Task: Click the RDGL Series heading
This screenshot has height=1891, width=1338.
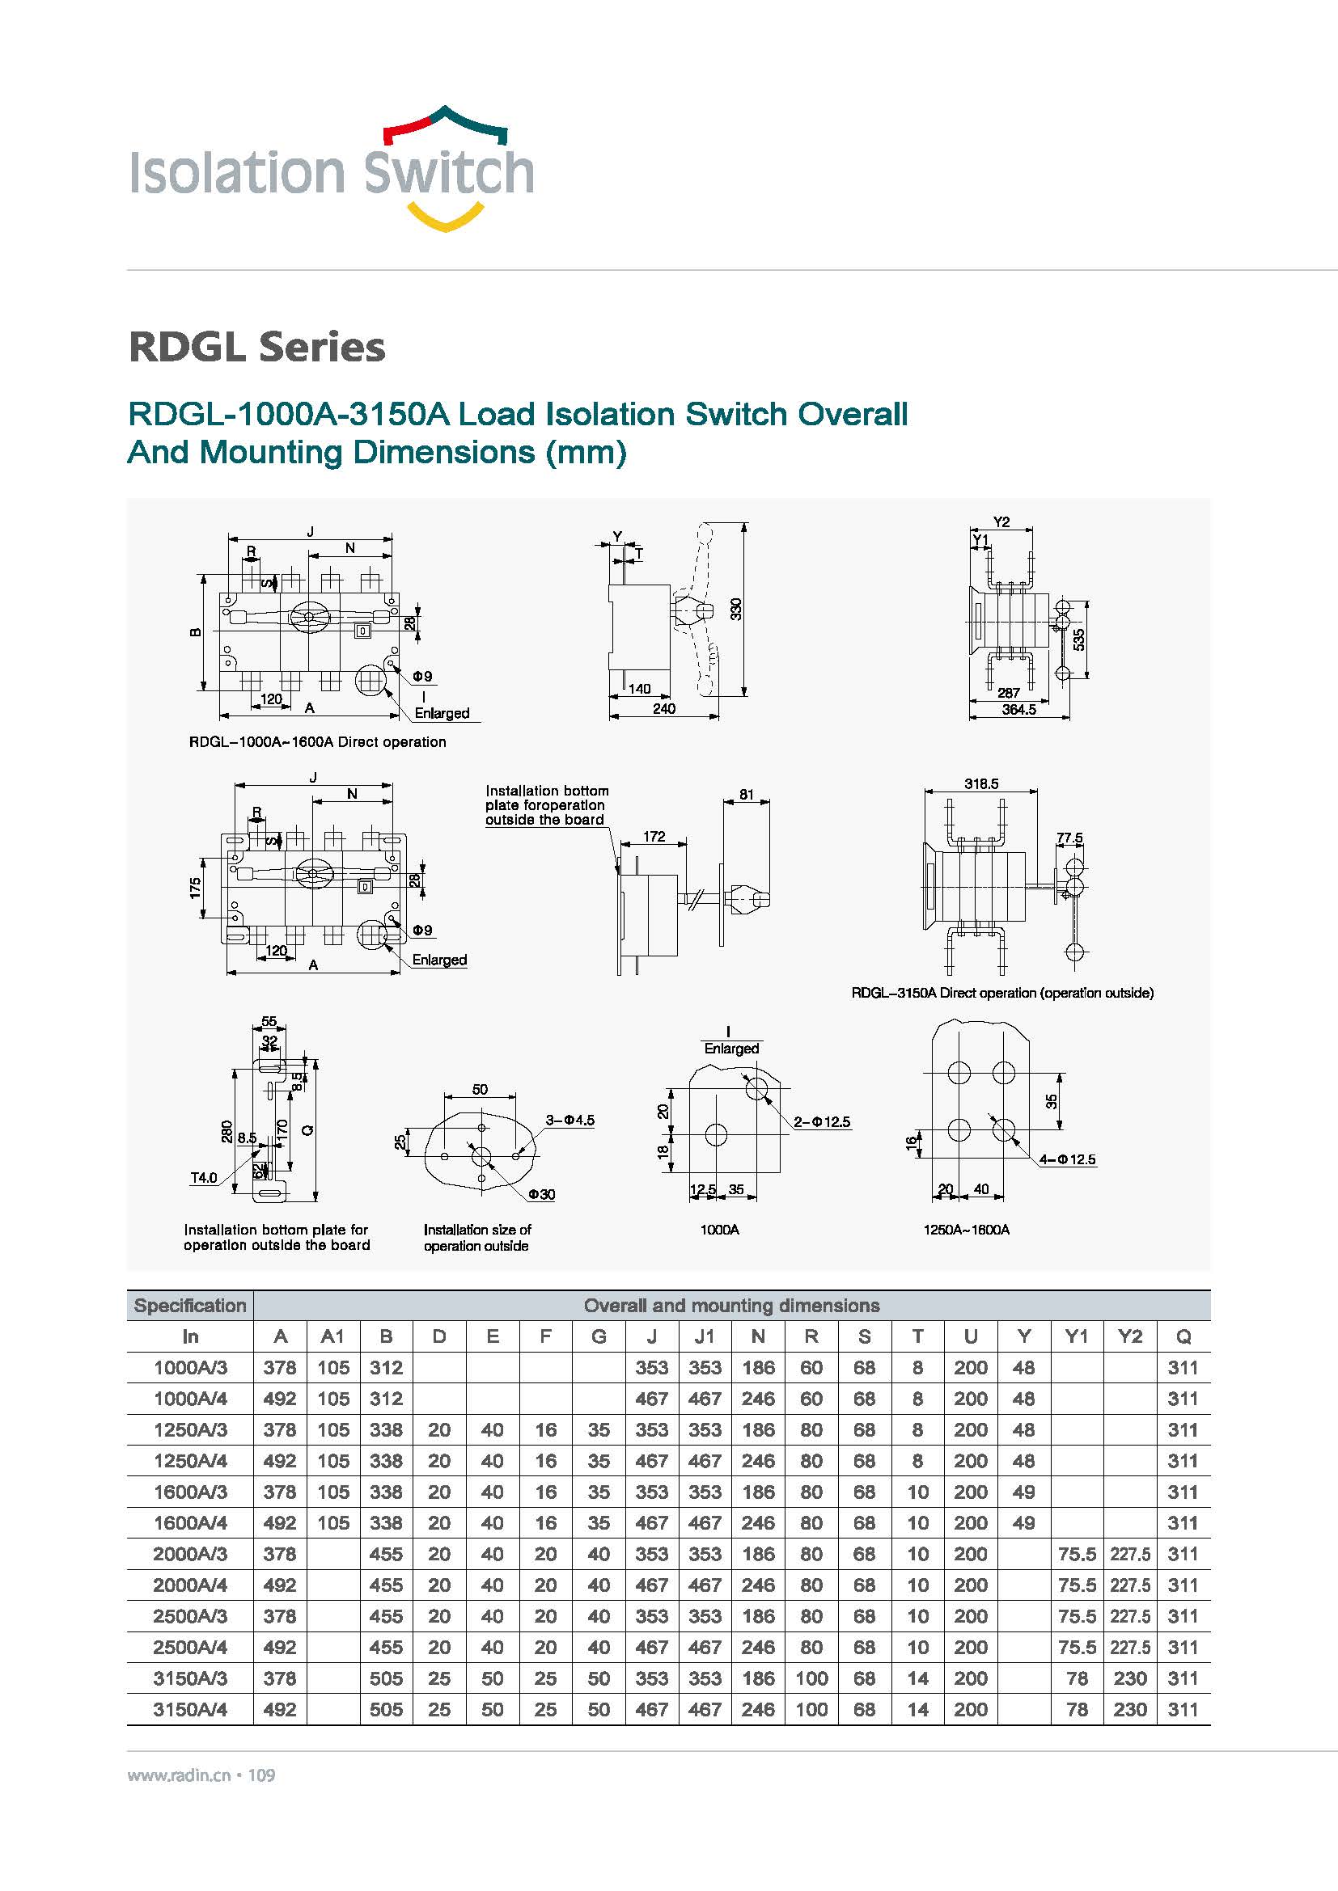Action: pyautogui.click(x=257, y=347)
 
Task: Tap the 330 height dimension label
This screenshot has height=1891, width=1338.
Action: pyautogui.click(x=735, y=609)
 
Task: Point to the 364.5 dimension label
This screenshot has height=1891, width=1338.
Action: pyautogui.click(x=1019, y=709)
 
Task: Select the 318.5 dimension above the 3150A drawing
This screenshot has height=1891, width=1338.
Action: pyautogui.click(x=981, y=783)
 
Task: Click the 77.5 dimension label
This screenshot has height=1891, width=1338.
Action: pyautogui.click(x=1069, y=838)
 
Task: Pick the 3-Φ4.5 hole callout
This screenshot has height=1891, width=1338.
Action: pyautogui.click(x=570, y=1120)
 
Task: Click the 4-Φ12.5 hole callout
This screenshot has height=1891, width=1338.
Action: pyautogui.click(x=1068, y=1159)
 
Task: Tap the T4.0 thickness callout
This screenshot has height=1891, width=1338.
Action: pyautogui.click(x=204, y=1178)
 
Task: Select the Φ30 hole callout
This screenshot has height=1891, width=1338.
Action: pyautogui.click(x=541, y=1194)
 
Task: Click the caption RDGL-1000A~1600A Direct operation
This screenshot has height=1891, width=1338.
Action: pyautogui.click(x=318, y=742)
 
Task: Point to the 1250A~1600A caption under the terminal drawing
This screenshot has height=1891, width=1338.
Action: pyautogui.click(x=967, y=1230)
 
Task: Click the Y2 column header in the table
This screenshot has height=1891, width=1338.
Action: pyautogui.click(x=1129, y=1336)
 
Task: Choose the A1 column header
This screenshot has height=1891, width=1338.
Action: pyautogui.click(x=332, y=1336)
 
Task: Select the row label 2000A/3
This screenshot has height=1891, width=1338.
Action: pyautogui.click(x=190, y=1554)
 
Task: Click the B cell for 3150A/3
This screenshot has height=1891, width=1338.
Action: pyautogui.click(x=386, y=1678)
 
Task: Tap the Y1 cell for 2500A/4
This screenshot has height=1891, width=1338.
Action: pyautogui.click(x=1077, y=1647)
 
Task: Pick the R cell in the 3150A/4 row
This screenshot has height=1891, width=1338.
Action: pyautogui.click(x=811, y=1710)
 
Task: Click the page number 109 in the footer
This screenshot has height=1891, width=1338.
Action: pyautogui.click(x=261, y=1775)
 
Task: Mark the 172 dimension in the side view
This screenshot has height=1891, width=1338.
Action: pyautogui.click(x=654, y=837)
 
